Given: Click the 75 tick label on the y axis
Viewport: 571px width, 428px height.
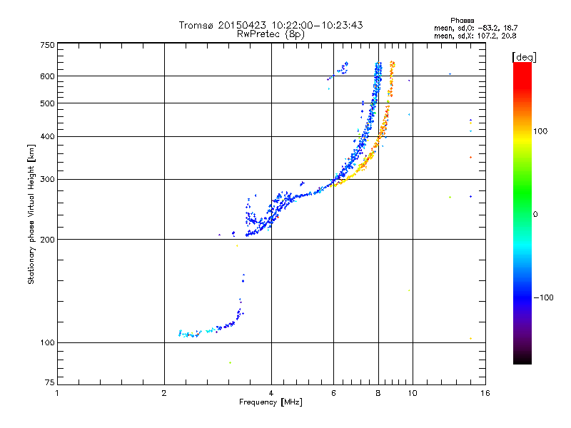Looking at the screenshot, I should [x=49, y=384].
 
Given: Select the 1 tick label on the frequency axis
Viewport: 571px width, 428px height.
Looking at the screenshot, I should [x=58, y=393].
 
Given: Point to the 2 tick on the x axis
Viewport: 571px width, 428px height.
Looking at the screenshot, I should [x=164, y=393].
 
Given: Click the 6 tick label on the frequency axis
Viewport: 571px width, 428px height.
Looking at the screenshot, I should [x=333, y=393].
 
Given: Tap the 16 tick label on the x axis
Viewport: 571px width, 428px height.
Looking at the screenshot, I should [x=485, y=393].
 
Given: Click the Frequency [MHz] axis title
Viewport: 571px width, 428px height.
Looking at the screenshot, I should [x=271, y=402].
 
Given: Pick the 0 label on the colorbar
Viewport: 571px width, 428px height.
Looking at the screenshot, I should [x=535, y=214].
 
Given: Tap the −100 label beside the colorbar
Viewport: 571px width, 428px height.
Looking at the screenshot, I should [x=545, y=297].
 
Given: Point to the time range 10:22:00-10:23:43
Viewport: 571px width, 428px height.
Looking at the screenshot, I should [x=313, y=25].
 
